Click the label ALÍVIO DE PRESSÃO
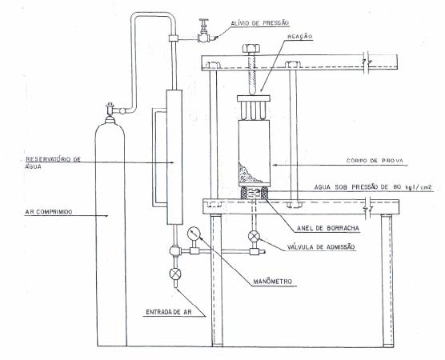tap(259, 23)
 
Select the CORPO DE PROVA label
tap(375, 161)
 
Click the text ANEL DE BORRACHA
tap(328, 228)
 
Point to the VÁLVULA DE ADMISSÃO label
tap(321, 247)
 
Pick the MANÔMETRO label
tap(272, 282)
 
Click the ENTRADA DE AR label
tap(169, 312)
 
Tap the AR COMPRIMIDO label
tap(49, 212)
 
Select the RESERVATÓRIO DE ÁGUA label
tap(53, 162)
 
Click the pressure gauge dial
tap(194, 234)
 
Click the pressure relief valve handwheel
tap(203, 21)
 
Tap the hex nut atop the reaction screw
tap(251, 48)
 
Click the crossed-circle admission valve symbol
tap(254, 236)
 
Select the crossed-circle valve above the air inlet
tap(175, 274)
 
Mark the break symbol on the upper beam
tap(367, 62)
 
